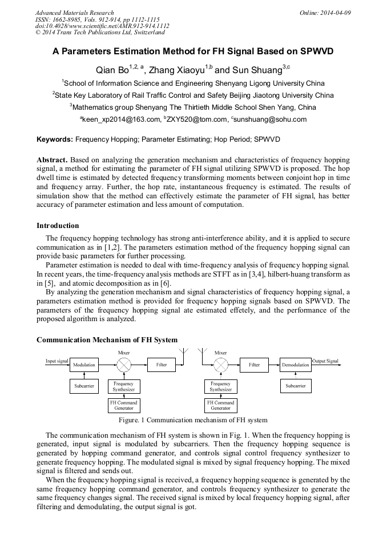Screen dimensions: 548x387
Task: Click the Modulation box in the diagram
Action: tap(84, 364)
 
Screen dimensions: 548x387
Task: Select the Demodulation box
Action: tap(296, 364)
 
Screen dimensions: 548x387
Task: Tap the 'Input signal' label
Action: tap(57, 361)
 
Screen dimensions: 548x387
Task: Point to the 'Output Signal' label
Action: tap(325, 361)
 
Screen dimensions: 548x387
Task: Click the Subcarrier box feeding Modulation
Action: tap(84, 386)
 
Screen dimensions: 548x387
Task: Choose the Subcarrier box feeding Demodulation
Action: tap(296, 386)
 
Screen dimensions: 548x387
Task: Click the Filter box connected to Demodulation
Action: tap(254, 364)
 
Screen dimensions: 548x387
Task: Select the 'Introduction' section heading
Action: tap(58, 226)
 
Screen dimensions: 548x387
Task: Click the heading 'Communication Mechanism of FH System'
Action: tap(107, 340)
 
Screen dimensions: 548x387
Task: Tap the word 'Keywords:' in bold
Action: tap(55, 139)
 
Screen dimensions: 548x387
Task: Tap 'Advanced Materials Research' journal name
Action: tap(74, 13)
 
